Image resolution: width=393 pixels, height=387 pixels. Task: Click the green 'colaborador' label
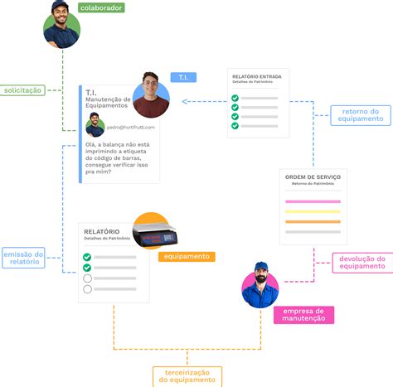(x=101, y=8)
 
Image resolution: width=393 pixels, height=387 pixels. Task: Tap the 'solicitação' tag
(x=23, y=89)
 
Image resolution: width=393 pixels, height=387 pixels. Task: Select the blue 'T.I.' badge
(x=183, y=77)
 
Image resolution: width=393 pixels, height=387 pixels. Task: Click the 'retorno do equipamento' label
(x=361, y=114)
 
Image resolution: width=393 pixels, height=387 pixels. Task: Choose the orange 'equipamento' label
(x=187, y=257)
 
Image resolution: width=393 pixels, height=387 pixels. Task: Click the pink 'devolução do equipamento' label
(x=361, y=262)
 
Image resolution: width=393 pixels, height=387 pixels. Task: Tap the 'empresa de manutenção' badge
(x=303, y=314)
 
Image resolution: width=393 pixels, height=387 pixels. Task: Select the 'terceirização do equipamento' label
(x=188, y=375)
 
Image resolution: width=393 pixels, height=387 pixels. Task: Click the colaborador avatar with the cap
(x=61, y=23)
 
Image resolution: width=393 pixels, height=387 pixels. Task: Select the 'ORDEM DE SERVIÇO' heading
(x=312, y=177)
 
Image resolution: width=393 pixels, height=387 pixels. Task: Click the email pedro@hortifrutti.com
(x=130, y=127)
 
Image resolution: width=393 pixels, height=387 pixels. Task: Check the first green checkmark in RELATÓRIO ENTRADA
(x=235, y=98)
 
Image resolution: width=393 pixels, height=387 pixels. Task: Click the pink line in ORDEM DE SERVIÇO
(x=312, y=201)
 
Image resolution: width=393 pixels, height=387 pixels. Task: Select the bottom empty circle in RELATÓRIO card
(x=88, y=291)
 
